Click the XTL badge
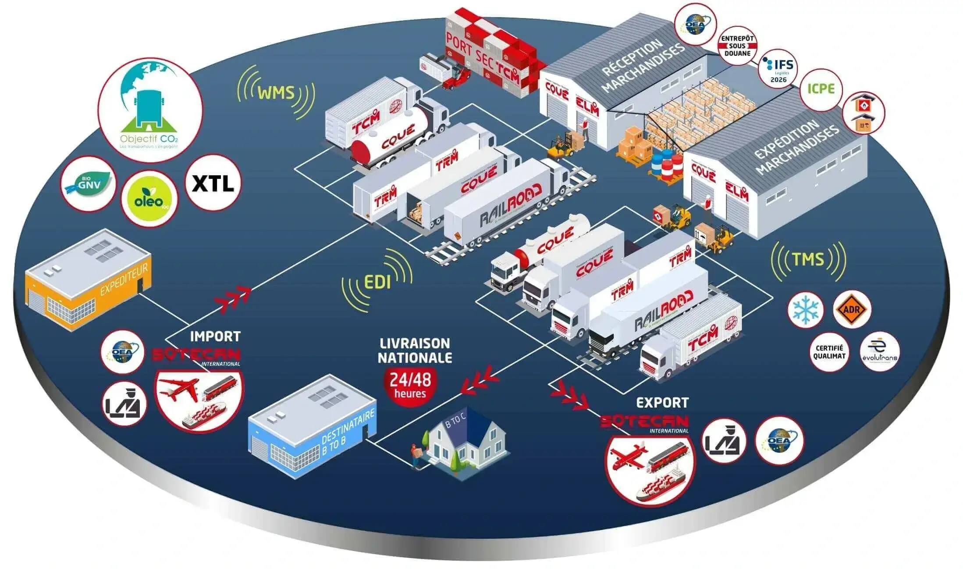coord(213,183)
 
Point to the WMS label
coord(276,93)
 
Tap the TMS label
coord(808,259)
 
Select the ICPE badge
coord(821,89)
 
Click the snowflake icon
coord(806,310)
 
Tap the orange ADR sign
coord(851,310)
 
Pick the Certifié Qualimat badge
coord(829,352)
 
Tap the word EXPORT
coord(662,402)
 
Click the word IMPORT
coord(215,336)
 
